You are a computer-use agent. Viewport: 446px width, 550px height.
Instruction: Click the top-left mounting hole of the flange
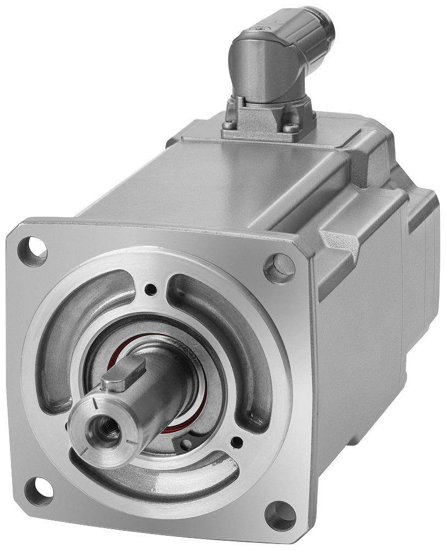click(x=32, y=251)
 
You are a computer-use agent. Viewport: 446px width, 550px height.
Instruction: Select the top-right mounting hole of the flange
click(x=279, y=268)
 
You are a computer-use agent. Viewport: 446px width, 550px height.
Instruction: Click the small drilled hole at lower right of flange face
click(x=237, y=442)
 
